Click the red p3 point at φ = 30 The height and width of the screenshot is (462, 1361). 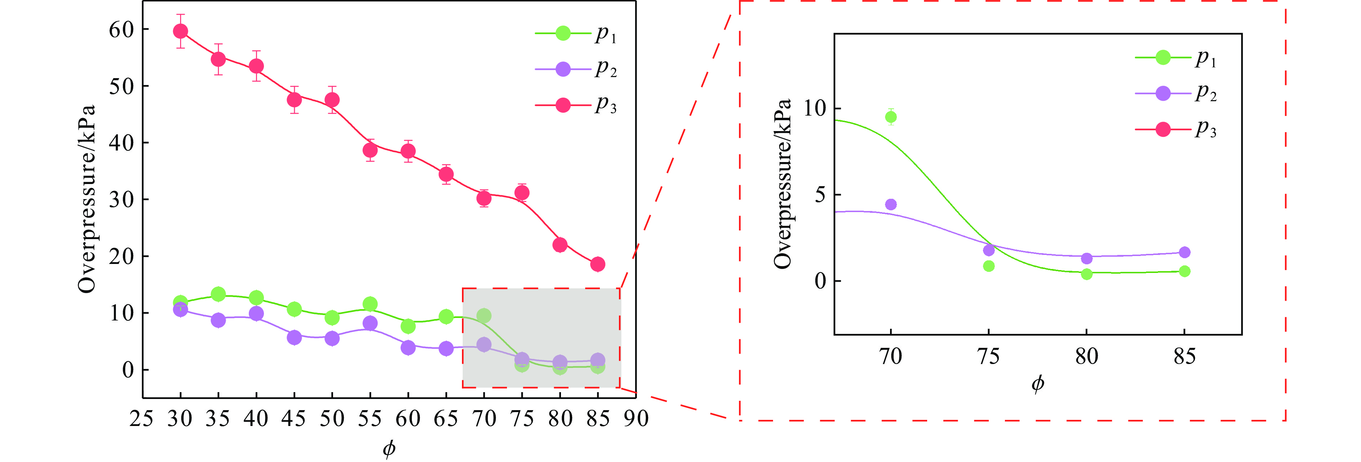tap(180, 31)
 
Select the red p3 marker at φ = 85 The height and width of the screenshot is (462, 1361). tap(598, 264)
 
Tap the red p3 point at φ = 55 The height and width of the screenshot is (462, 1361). tap(370, 151)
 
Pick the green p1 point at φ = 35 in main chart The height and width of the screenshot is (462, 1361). tap(218, 294)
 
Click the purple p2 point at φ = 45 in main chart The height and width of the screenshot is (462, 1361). tap(294, 337)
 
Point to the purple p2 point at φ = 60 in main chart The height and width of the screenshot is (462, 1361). tap(408, 347)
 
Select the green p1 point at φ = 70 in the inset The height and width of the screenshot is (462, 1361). tap(891, 117)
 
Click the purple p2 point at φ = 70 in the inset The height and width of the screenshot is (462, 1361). tap(891, 205)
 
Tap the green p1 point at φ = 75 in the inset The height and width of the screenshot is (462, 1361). tap(988, 266)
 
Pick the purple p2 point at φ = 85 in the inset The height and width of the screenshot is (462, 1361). tap(1185, 252)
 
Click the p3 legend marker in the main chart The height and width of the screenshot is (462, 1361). tap(563, 105)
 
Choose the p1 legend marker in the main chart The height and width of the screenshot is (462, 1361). tap(563, 33)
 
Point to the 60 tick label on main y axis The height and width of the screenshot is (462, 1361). tap(122, 30)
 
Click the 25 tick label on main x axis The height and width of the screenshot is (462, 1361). tap(142, 419)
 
